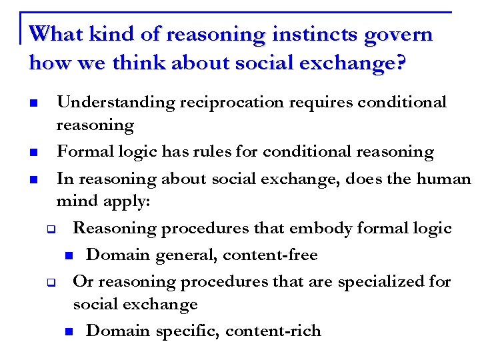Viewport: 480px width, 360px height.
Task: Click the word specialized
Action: tap(382, 281)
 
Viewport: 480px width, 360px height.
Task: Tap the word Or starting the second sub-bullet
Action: tap(82, 281)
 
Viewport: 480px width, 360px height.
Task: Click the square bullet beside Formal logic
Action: tap(33, 153)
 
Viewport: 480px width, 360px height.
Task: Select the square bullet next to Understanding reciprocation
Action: tap(33, 104)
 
